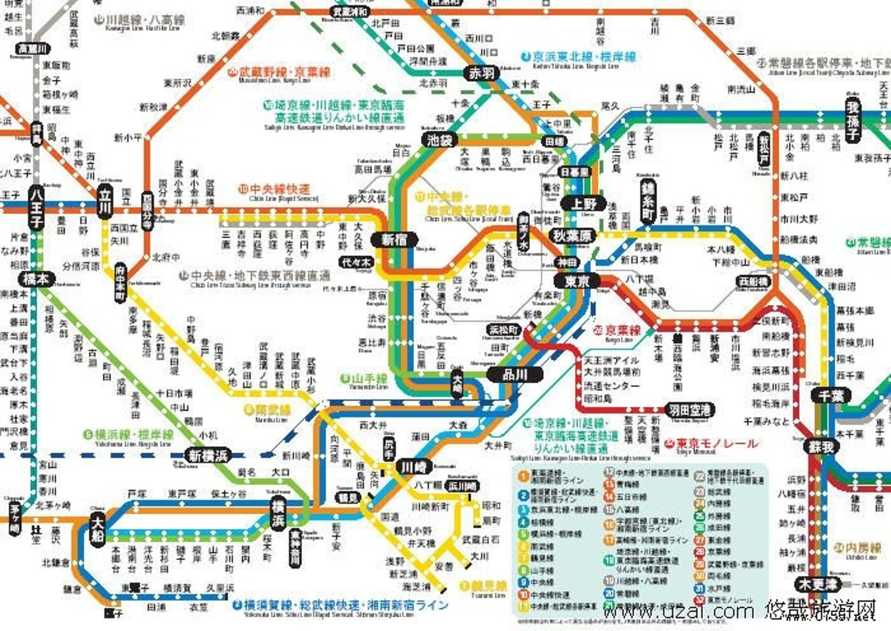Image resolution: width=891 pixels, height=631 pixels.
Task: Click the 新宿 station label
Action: [x=394, y=240]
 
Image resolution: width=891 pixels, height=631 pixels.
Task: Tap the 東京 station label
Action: [x=577, y=281]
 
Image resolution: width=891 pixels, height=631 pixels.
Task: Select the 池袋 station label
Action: [x=440, y=140]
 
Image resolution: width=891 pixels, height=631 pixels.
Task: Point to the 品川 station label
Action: [x=515, y=375]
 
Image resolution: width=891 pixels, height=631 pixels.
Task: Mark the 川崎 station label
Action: [x=413, y=467]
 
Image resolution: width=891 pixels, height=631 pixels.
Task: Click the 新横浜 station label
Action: [x=208, y=456]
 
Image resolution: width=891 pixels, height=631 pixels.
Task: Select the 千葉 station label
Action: [x=831, y=396]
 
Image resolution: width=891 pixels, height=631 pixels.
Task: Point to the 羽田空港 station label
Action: [x=690, y=410]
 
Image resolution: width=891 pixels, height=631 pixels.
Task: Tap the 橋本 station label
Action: [x=36, y=279]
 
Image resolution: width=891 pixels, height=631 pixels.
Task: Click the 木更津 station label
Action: [x=817, y=584]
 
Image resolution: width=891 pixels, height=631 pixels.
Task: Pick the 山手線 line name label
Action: [x=369, y=379]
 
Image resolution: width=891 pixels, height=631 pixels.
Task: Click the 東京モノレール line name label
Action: [x=717, y=444]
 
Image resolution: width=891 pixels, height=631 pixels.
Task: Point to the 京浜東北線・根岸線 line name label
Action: [x=584, y=57]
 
